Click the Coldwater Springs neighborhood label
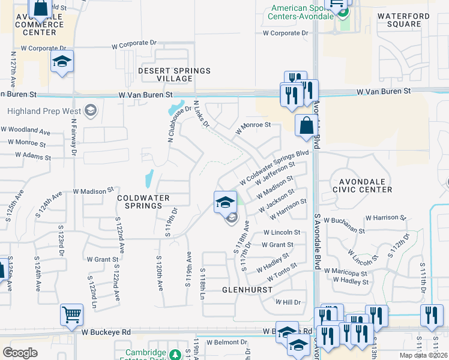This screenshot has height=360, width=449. [143, 202]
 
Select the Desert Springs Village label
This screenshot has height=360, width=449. [174, 74]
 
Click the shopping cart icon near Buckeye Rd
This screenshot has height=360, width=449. [71, 314]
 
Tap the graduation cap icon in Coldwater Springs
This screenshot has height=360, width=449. [224, 202]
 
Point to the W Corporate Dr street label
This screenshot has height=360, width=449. [134, 44]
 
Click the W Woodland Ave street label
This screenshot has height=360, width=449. [25, 130]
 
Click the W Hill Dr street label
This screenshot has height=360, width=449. [288, 302]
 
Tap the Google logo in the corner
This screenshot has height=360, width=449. [20, 353]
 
